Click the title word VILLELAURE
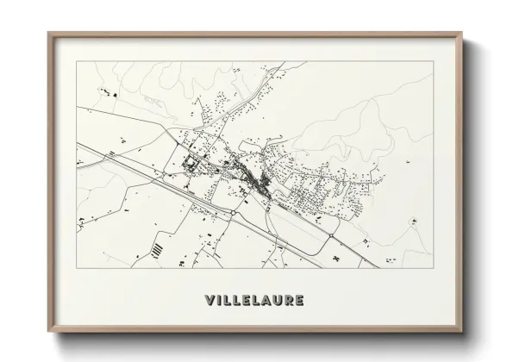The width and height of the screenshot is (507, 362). pyautogui.click(x=253, y=300)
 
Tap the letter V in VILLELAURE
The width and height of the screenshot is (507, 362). pyautogui.click(x=210, y=300)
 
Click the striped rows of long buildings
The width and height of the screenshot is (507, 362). pyautogui.click(x=157, y=249)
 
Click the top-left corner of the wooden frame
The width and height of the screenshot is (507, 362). pyautogui.click(x=48, y=33)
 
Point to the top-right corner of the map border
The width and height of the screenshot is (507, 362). pyautogui.click(x=432, y=62)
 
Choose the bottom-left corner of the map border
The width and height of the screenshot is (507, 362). pyautogui.click(x=77, y=267)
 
